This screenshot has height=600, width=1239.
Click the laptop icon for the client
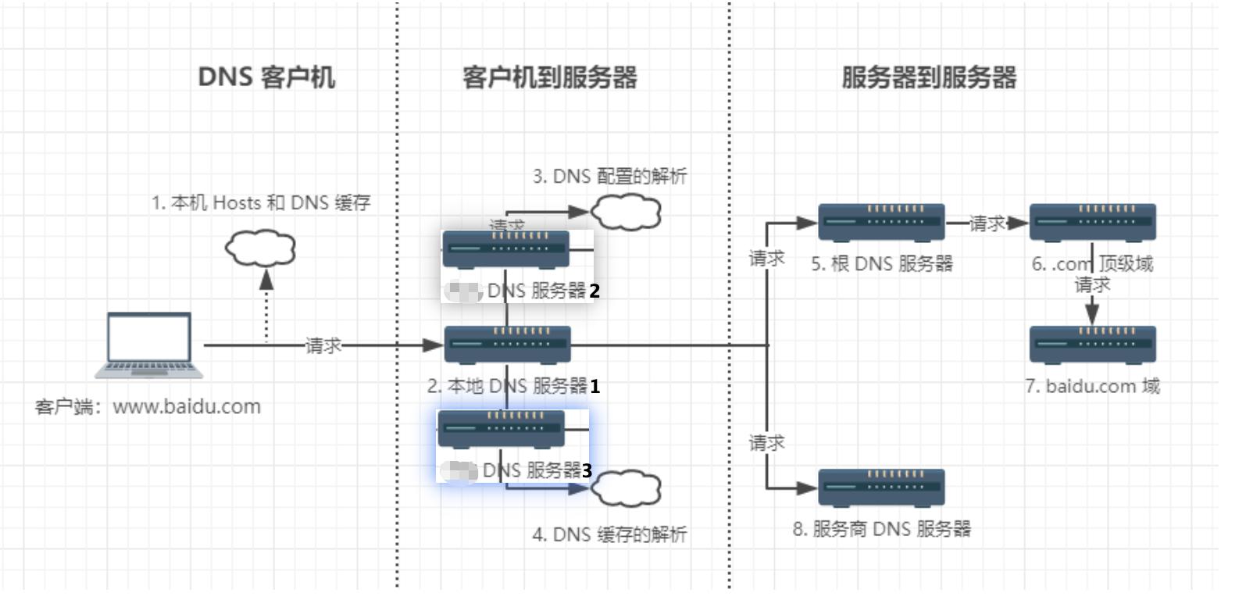(149, 345)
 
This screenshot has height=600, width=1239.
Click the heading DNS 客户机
(266, 77)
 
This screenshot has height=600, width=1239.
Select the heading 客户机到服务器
(549, 77)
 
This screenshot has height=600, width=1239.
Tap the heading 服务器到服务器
(929, 77)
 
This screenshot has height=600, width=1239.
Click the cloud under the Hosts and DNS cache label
(260, 248)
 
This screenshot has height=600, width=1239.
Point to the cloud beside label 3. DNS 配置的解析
(626, 211)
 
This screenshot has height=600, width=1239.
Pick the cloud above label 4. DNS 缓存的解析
(626, 488)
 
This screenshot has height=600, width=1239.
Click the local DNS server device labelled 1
(508, 345)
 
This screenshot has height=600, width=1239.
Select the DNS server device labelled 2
(506, 249)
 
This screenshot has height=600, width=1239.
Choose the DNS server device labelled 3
(501, 429)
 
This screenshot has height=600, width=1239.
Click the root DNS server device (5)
(881, 222)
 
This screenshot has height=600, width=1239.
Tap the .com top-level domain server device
(1092, 222)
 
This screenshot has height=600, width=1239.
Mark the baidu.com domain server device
(1092, 345)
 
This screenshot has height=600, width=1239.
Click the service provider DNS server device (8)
(881, 487)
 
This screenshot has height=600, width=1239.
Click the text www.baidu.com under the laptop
(187, 407)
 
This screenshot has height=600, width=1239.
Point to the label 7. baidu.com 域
(1092, 386)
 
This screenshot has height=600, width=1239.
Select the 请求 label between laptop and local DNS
(323, 345)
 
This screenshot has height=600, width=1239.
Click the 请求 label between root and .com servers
(987, 224)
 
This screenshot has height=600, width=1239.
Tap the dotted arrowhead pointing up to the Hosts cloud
(266, 280)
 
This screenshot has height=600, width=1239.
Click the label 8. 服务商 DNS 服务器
(881, 529)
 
